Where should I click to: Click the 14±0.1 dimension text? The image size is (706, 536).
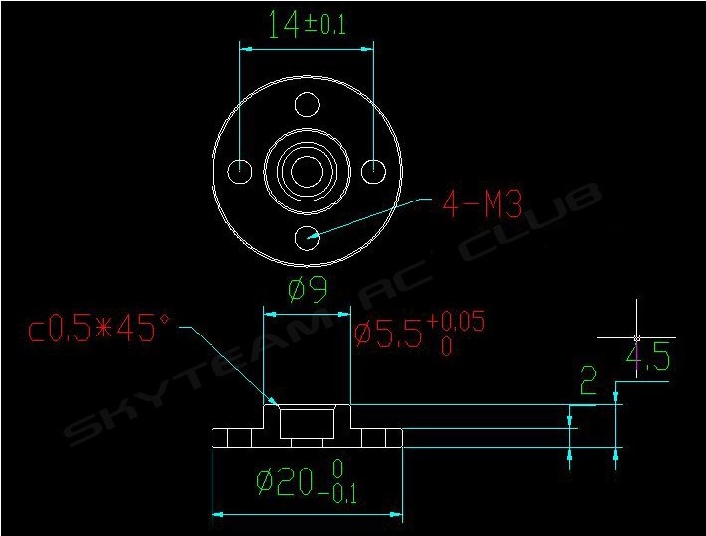(307, 26)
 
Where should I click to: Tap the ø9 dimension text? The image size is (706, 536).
(307, 290)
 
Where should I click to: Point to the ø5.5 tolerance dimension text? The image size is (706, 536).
(418, 332)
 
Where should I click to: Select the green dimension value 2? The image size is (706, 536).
(590, 380)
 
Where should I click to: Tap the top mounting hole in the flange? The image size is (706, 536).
(307, 105)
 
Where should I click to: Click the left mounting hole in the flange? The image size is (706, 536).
(240, 171)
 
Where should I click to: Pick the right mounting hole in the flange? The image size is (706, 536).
(373, 171)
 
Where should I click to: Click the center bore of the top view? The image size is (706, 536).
(307, 171)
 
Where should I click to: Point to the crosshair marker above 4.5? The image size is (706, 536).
(635, 337)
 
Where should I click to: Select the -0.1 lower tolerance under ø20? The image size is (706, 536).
(338, 493)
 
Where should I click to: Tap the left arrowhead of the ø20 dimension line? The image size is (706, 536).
(219, 515)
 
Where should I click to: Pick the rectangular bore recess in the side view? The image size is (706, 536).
(307, 424)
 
